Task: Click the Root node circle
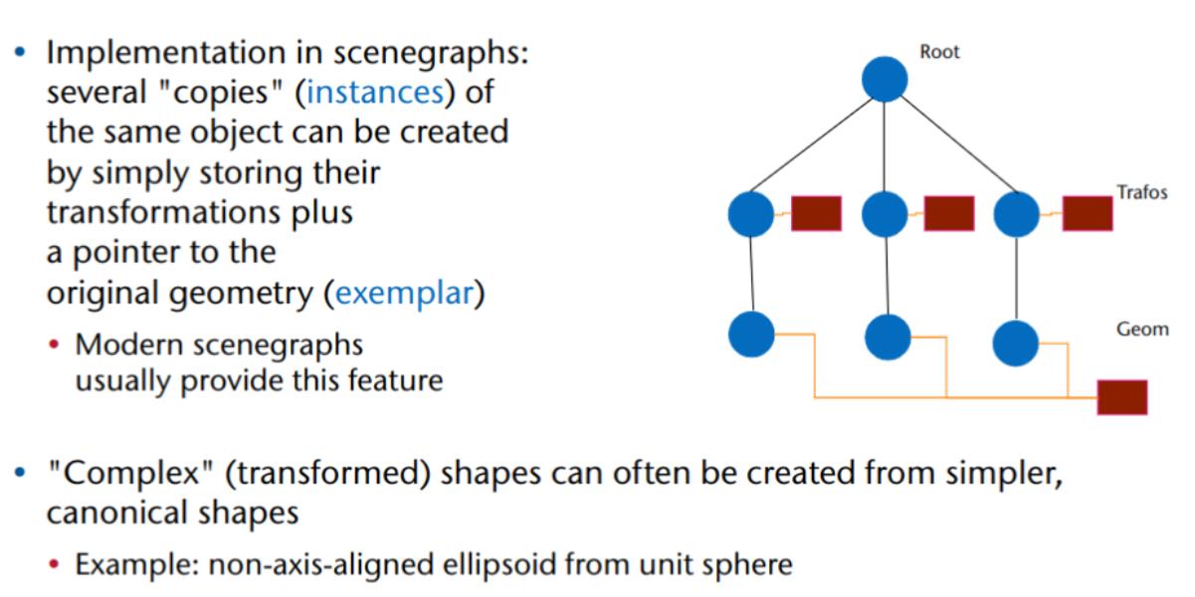coord(884,79)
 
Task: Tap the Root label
coord(939,52)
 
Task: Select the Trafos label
coord(1141,192)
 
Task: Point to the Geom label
coord(1141,329)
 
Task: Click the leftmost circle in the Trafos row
coord(751,214)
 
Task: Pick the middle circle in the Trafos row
coord(885,214)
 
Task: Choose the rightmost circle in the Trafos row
coord(1016,214)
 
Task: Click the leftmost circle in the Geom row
coord(751,334)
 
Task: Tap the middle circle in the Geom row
coord(888,337)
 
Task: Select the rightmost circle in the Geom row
coord(1016,342)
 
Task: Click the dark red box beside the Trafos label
coord(1087,214)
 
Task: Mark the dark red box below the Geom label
coord(1122,397)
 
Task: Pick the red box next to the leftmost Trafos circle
coord(816,214)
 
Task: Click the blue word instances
coord(374,93)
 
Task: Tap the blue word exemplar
coord(403,295)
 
